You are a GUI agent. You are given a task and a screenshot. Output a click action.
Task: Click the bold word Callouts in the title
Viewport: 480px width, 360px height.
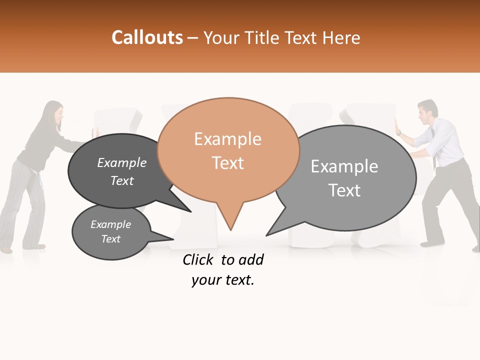click(147, 37)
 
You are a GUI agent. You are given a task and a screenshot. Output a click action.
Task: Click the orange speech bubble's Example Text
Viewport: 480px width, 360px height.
click(227, 150)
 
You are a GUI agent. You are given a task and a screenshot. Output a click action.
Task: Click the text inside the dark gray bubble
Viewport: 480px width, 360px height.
click(121, 171)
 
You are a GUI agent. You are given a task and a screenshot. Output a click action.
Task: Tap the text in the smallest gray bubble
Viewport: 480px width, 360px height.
click(110, 231)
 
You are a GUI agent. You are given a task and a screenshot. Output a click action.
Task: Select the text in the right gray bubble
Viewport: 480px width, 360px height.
click(344, 177)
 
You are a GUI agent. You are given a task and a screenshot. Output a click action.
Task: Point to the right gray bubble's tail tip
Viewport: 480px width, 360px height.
click(266, 235)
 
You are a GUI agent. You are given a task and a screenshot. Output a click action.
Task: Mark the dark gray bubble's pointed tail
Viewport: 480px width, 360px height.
click(189, 211)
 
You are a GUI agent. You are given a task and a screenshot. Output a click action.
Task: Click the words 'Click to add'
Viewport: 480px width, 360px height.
click(223, 259)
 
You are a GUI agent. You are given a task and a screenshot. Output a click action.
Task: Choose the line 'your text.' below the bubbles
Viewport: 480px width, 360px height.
click(223, 280)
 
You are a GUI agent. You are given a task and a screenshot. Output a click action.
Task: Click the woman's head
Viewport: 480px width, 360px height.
click(53, 113)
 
